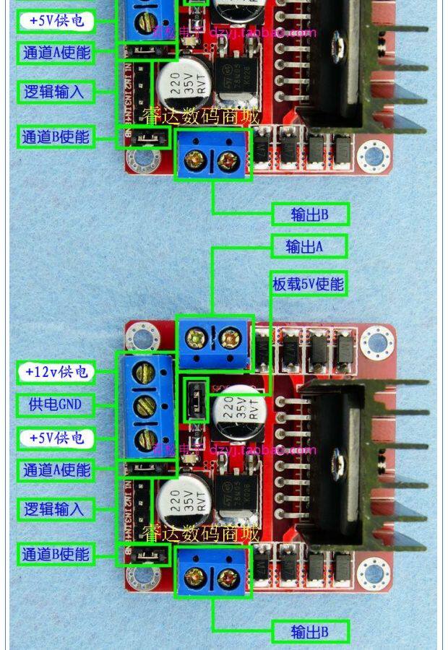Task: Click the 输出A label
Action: pos(309,246)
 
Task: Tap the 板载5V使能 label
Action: pos(309,284)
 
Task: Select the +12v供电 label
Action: pos(56,372)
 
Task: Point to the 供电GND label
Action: pos(56,404)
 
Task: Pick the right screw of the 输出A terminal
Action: pos(230,337)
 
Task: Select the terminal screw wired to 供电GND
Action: pos(147,405)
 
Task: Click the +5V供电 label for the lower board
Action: pos(56,438)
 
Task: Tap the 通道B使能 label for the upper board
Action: pos(56,136)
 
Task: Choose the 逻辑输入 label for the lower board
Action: pos(54,509)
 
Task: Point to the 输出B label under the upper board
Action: pos(310,214)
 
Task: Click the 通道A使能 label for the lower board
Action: pos(56,470)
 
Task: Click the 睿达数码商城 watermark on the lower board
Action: pos(200,534)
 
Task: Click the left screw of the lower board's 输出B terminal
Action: pos(194,576)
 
